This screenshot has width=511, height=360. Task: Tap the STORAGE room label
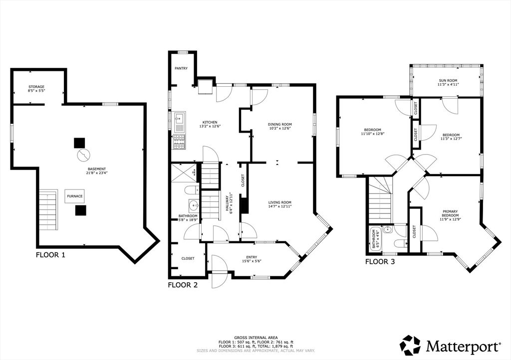[x=36, y=87]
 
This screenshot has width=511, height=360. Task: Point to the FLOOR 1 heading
[x=50, y=255]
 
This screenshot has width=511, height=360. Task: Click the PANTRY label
[x=181, y=68]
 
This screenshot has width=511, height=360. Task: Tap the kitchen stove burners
[x=179, y=142]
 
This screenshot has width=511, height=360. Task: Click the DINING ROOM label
[x=279, y=124]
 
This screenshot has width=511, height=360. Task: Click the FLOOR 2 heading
[x=183, y=285]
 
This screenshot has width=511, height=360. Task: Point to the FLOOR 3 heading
[x=381, y=261]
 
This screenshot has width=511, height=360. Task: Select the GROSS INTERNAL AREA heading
[x=255, y=338]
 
